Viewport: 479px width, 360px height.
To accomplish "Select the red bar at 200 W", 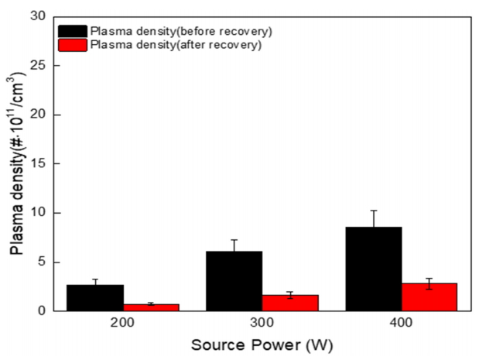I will (x=151, y=307).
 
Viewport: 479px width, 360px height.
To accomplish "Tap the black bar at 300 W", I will (x=234, y=281).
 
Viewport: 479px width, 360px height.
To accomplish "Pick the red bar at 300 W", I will (x=290, y=303).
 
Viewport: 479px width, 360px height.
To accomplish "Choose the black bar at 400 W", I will (x=374, y=269).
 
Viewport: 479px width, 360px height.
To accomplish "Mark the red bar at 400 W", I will (x=429, y=297).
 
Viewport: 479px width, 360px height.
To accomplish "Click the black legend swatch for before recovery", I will (x=73, y=31).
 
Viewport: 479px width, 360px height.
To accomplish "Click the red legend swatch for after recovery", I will (x=73, y=45).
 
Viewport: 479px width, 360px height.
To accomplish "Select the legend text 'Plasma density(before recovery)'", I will (x=181, y=31).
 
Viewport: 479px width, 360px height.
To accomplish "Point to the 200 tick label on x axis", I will (x=123, y=322).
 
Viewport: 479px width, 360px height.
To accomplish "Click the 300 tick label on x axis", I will (x=262, y=322).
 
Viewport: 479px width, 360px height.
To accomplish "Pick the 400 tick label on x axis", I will (x=402, y=322).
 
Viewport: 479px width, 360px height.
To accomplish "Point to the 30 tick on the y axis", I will (x=39, y=16).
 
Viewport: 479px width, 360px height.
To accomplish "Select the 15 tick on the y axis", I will (x=39, y=163).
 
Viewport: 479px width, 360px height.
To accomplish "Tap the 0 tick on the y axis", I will (x=42, y=310).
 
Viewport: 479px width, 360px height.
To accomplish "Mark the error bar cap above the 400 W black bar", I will (x=374, y=211).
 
